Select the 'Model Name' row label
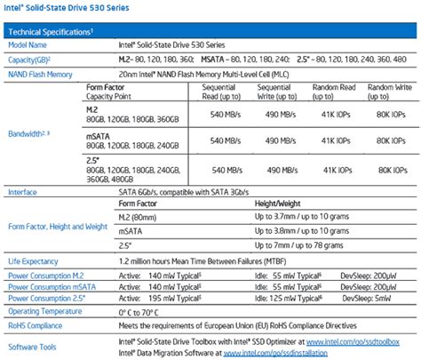tap(28, 44)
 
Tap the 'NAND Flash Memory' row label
tap(41, 75)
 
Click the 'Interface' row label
tap(22, 191)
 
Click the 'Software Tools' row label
tap(31, 347)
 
